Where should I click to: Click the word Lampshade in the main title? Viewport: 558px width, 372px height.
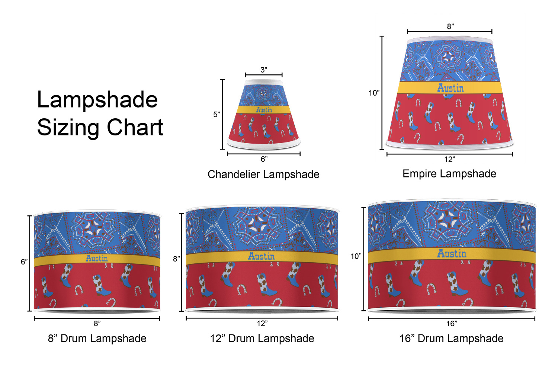pos(97,100)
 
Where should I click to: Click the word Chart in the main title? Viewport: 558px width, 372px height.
pos(135,127)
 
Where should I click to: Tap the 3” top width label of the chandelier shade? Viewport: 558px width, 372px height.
pos(264,70)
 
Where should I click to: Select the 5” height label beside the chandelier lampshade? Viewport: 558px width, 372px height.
pos(217,114)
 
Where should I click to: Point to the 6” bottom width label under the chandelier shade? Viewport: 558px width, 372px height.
pos(264,159)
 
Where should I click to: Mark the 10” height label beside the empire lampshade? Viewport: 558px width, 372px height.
pos(374,93)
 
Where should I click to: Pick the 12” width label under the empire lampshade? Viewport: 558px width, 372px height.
pos(450,159)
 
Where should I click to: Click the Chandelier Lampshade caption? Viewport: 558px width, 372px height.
pos(263,174)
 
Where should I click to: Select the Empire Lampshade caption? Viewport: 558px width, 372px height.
pos(449,174)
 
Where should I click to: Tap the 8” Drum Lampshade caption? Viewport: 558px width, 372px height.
pos(97,339)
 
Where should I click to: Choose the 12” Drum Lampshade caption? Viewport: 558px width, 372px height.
pos(262,339)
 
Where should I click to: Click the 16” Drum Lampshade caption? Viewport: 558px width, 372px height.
pos(451,339)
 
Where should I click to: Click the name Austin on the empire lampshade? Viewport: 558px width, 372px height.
pos(450,88)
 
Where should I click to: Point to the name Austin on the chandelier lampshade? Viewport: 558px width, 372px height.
pos(264,110)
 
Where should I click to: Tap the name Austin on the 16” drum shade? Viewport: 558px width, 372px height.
pos(452,253)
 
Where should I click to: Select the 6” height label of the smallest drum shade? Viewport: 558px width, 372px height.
pos(24,262)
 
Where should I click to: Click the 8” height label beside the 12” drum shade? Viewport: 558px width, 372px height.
pos(177,259)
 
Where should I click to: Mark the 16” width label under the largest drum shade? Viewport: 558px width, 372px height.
pos(452,324)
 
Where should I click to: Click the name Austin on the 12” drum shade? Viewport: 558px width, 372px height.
pos(261,256)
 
